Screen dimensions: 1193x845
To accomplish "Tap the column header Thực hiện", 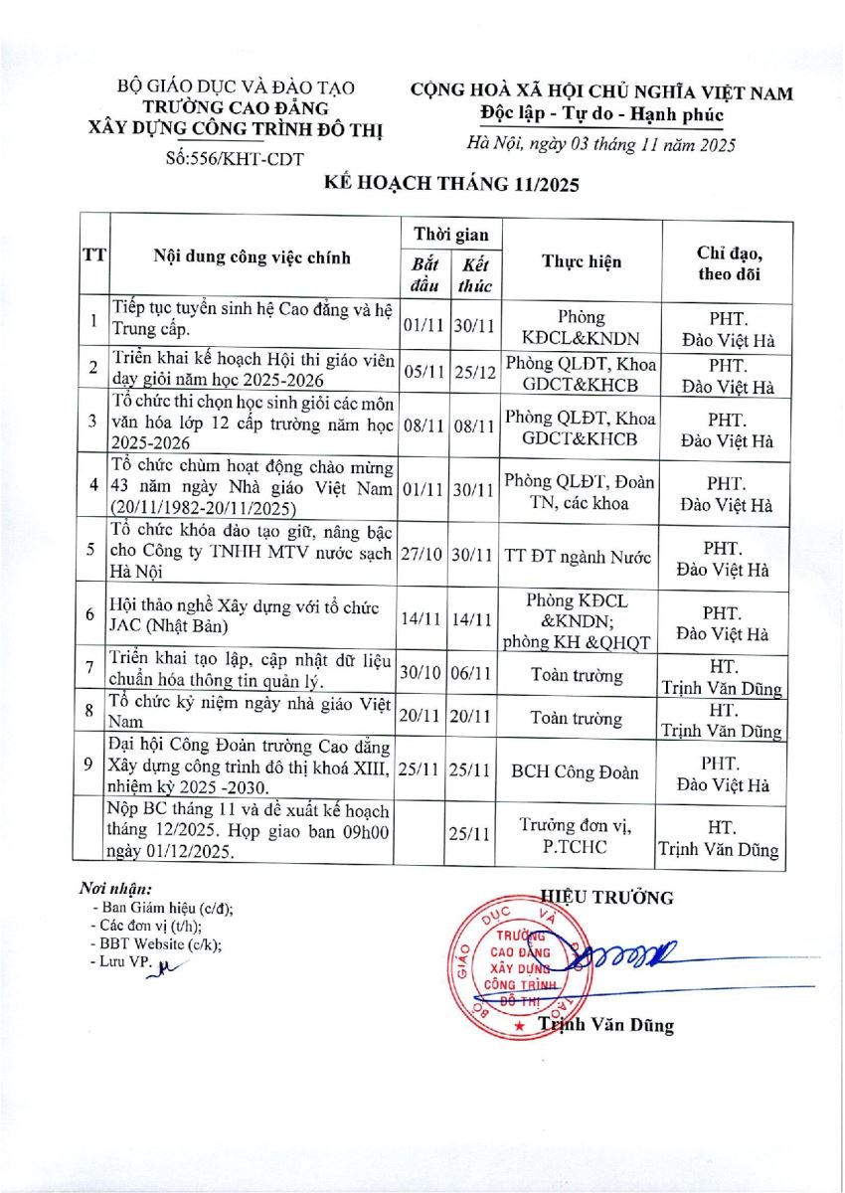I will tap(582, 261).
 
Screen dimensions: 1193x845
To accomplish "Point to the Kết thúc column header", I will tap(474, 273).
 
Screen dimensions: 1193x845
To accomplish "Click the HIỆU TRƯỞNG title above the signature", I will tap(606, 898).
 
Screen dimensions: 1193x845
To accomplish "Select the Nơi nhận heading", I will tap(116, 888).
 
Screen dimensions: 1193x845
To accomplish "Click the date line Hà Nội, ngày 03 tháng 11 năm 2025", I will tap(601, 146).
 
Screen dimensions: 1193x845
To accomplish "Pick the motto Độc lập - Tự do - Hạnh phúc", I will tap(601, 115).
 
